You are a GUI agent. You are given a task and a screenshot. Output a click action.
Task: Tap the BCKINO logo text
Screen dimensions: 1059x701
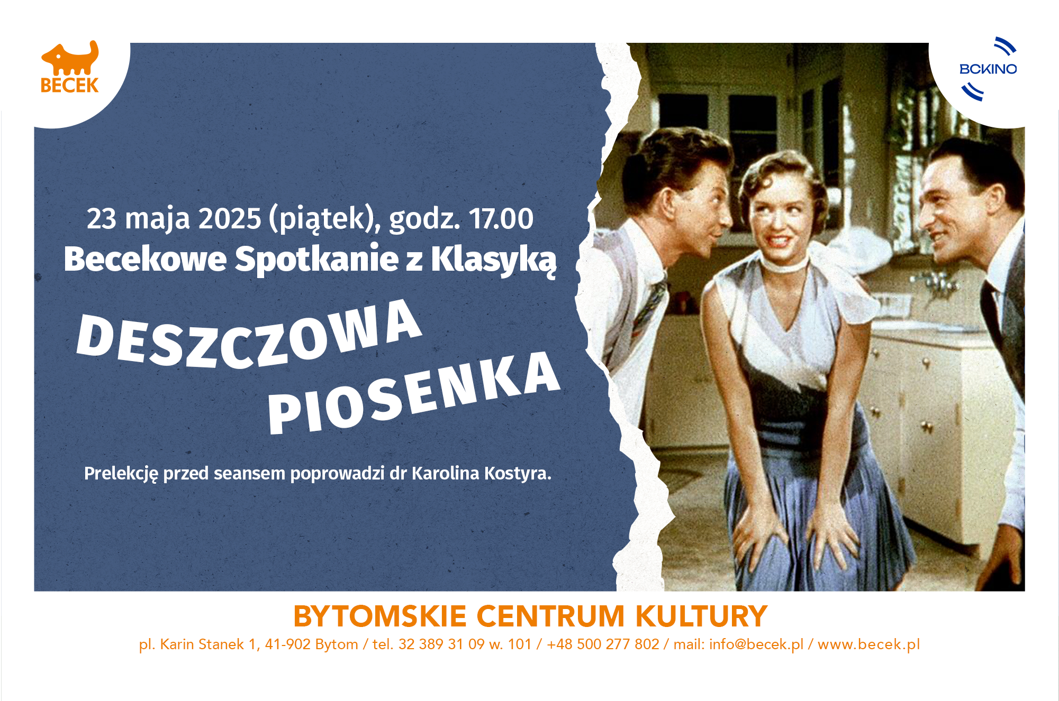988,69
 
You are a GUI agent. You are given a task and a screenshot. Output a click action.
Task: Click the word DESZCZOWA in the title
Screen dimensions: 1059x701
249,335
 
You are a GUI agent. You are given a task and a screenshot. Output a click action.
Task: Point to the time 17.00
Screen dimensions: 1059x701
501,218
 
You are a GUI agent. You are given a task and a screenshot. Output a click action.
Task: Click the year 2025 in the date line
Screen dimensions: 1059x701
230,218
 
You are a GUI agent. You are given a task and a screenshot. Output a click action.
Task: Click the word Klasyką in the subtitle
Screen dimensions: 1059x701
493,260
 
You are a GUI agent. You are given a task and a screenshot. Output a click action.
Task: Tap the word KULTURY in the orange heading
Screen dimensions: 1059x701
701,616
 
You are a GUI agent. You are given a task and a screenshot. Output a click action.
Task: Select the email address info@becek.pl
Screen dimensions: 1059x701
756,644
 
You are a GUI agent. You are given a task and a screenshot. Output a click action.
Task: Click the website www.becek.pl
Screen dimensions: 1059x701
869,644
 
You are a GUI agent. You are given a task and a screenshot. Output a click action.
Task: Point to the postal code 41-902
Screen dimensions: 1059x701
288,644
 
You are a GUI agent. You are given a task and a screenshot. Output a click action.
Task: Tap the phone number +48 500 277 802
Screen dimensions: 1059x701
603,644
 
